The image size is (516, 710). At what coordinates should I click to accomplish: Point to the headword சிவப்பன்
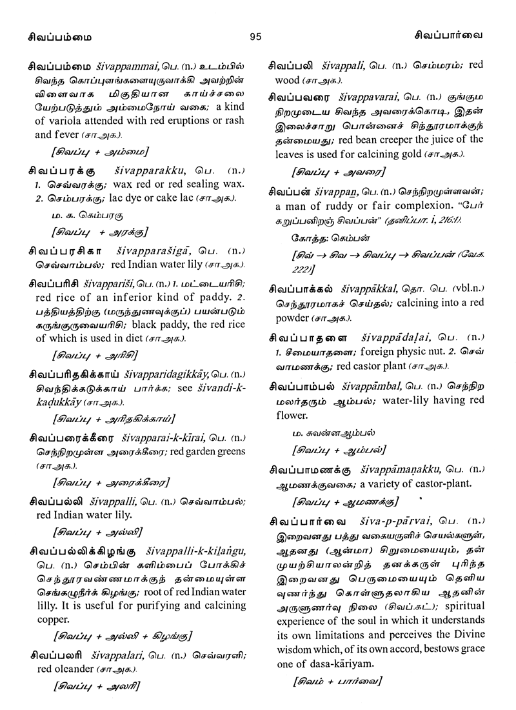296,192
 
